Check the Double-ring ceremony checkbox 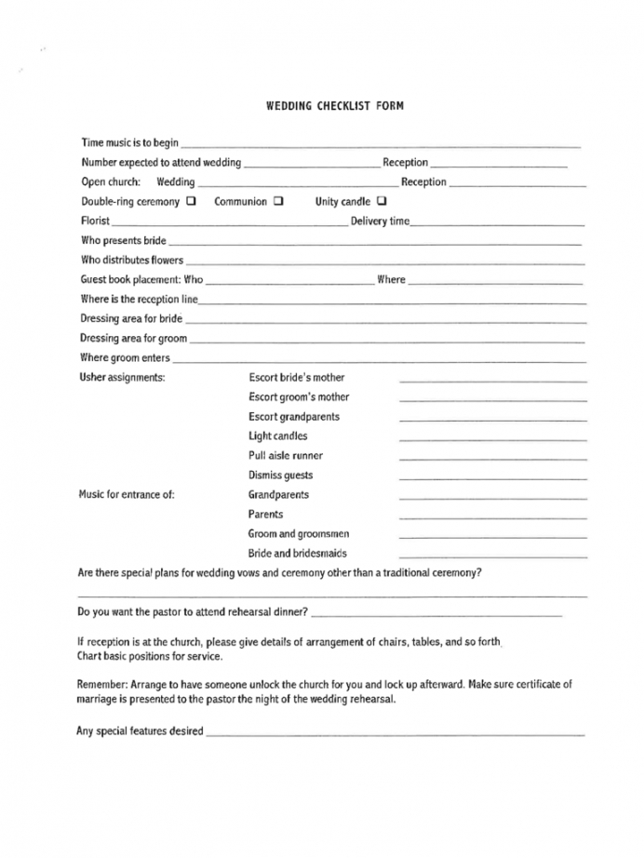[x=191, y=201]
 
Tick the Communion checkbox [x=277, y=201]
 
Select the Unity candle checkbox [x=382, y=201]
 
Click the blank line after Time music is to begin [x=381, y=145]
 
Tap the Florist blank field [x=229, y=223]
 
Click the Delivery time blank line [x=497, y=223]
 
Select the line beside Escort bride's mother [x=493, y=380]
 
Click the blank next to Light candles [x=493, y=438]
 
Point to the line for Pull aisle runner [x=493, y=458]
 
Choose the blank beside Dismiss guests [x=493, y=477]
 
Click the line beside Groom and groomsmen [x=493, y=536]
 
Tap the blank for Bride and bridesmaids [x=493, y=556]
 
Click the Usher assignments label [x=123, y=378]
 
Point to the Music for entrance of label [x=127, y=495]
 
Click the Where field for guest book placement [x=495, y=282]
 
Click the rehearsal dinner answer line [x=437, y=615]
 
